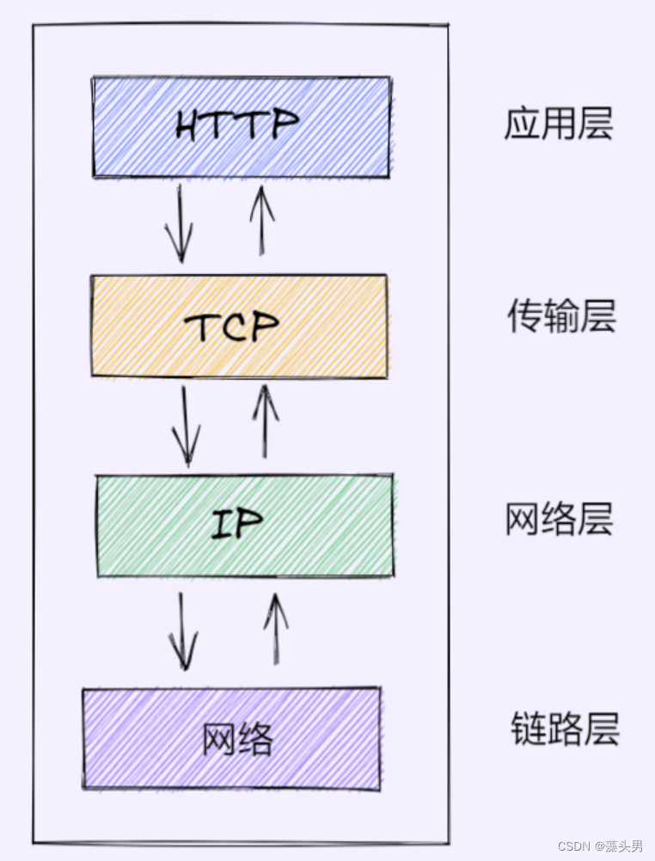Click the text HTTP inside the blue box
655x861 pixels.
click(236, 125)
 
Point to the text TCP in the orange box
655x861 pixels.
click(232, 326)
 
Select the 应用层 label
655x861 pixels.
click(558, 125)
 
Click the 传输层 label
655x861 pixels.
click(560, 318)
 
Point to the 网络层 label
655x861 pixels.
click(559, 521)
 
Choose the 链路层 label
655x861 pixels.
click(564, 730)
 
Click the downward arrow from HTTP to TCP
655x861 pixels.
click(180, 223)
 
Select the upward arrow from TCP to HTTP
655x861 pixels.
click(261, 221)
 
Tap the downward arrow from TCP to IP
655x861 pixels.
click(186, 426)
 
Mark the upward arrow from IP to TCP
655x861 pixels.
click(265, 421)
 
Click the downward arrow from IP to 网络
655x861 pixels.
click(181, 631)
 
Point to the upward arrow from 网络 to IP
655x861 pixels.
click(275, 628)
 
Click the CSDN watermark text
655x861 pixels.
click(571, 846)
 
